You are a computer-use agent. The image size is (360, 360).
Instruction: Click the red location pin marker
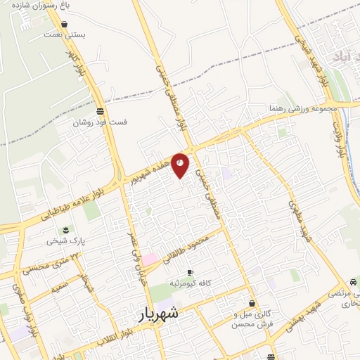coord(180,165)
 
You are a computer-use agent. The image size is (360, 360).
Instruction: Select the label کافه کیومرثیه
coord(190,283)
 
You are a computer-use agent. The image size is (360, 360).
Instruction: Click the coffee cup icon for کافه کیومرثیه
coord(190,272)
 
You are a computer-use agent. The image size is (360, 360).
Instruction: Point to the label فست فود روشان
coord(100,122)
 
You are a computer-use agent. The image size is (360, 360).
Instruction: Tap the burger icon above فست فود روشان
coord(101,111)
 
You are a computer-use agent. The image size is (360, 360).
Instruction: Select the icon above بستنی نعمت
coord(65,24)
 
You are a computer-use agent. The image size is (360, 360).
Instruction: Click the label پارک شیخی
coord(65,240)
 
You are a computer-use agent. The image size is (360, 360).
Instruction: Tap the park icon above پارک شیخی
coord(65,230)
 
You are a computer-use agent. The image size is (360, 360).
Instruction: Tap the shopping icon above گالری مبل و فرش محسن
coord(252,304)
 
